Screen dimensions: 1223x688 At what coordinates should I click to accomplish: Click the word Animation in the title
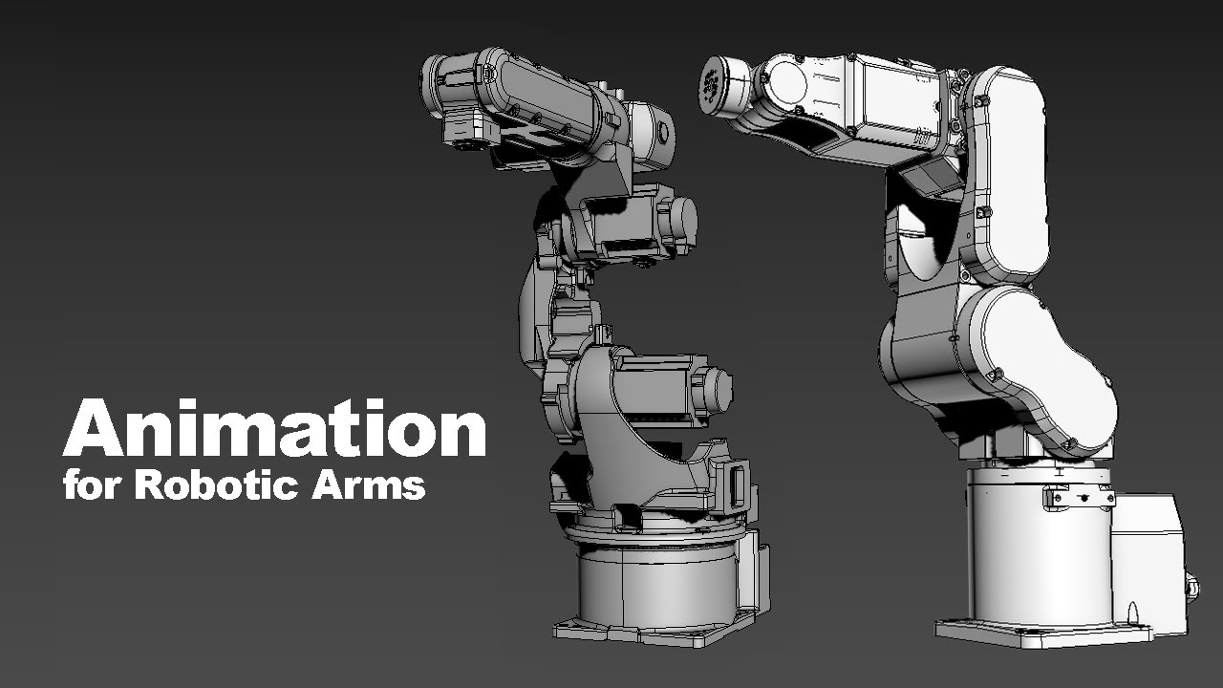click(274, 427)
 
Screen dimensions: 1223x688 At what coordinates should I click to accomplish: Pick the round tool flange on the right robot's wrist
click(713, 85)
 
